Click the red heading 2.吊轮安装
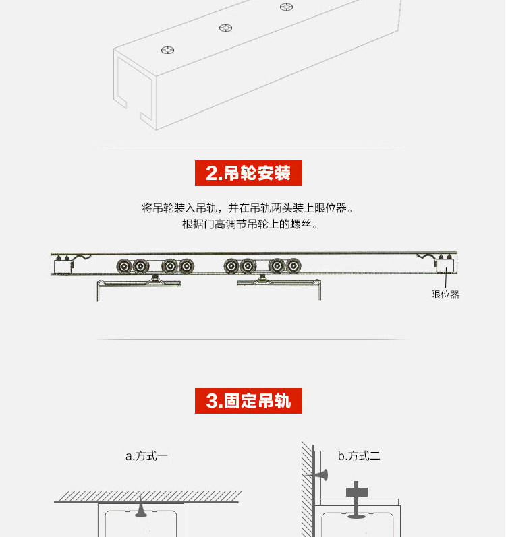(x=248, y=173)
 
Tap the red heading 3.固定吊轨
(x=248, y=401)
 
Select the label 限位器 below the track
(x=445, y=294)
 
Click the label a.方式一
(x=146, y=456)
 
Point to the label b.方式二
(x=359, y=456)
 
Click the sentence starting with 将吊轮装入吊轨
(x=248, y=208)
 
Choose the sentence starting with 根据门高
(x=248, y=224)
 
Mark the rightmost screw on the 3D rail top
(x=287, y=7)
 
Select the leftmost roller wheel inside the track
(x=123, y=266)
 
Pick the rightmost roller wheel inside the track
(x=293, y=266)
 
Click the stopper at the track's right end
(x=445, y=266)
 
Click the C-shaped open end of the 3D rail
(x=132, y=88)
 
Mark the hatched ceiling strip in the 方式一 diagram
(x=146, y=497)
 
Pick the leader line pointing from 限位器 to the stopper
(x=445, y=282)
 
